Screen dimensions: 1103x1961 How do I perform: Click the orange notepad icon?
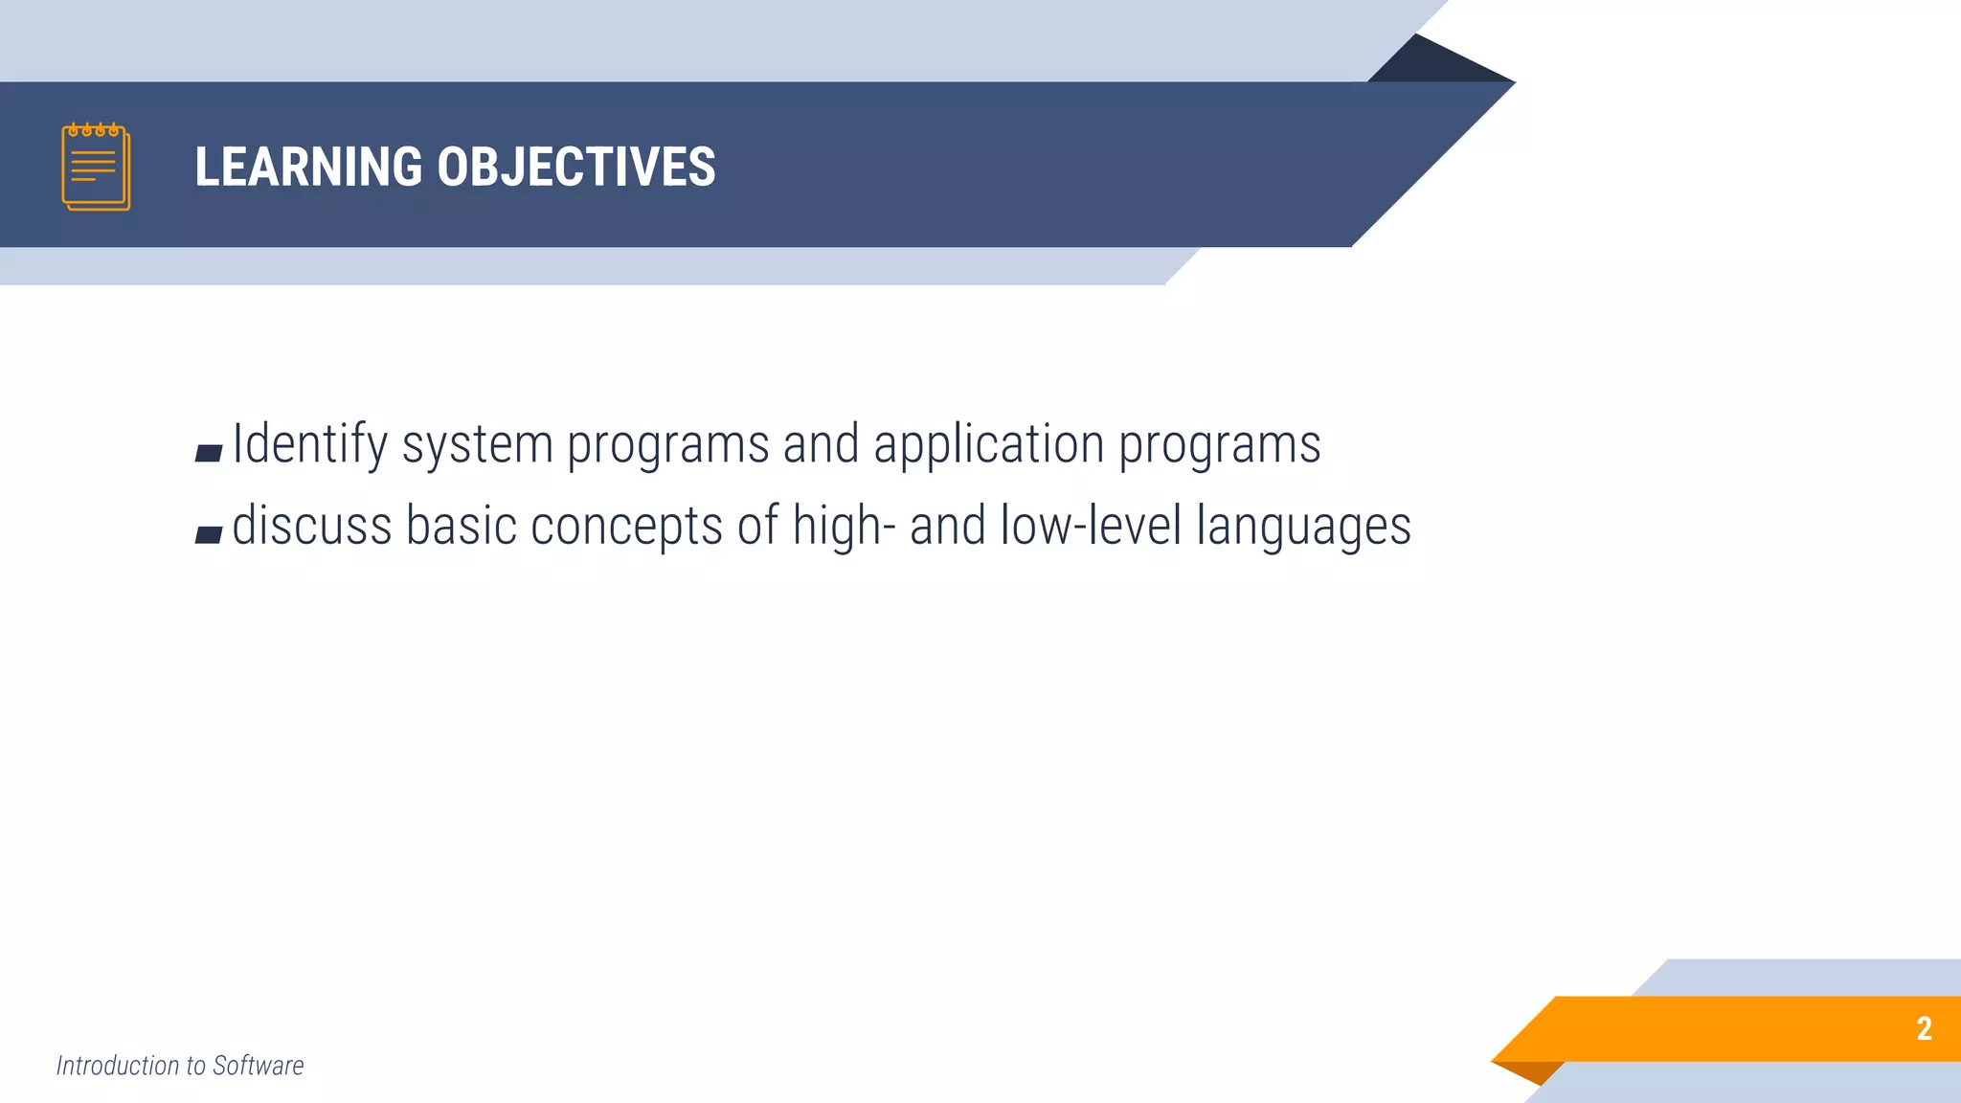tap(96, 167)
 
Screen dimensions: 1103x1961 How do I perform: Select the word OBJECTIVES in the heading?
tap(575, 167)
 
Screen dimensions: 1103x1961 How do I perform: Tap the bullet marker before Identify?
tap(209, 453)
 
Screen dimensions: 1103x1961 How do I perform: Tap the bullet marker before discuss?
tap(209, 534)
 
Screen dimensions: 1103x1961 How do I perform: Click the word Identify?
tap(310, 444)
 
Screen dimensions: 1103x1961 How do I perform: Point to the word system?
tap(477, 444)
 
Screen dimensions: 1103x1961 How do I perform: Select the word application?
tap(988, 444)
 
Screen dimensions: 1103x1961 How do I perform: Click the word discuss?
tap(312, 527)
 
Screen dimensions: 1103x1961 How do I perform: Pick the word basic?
tap(461, 527)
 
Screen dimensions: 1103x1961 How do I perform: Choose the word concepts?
tap(626, 527)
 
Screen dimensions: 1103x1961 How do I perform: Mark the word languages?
tap(1303, 527)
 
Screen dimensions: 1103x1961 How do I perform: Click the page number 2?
tap(1924, 1028)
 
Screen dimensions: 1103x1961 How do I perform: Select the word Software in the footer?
tap(258, 1066)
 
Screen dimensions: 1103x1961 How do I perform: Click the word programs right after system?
tap(667, 444)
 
